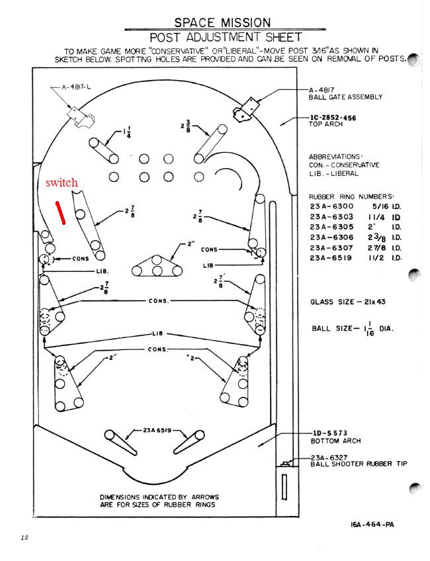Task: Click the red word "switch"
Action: (x=62, y=183)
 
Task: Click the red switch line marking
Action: (x=60, y=213)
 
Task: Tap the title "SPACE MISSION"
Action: (x=222, y=22)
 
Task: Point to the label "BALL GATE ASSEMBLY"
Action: (x=345, y=97)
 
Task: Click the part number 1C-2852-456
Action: (x=332, y=118)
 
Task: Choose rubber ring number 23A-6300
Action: (x=331, y=206)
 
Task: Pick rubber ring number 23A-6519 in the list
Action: (x=331, y=258)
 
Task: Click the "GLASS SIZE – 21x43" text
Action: (x=348, y=302)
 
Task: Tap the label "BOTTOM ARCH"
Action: (x=335, y=441)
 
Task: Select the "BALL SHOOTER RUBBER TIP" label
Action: (x=359, y=464)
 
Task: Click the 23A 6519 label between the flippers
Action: (x=157, y=430)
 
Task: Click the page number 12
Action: (x=24, y=537)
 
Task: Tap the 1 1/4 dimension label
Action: (x=127, y=133)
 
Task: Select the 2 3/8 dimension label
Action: (x=186, y=127)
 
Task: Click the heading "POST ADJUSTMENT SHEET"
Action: (x=226, y=37)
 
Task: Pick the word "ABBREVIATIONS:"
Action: (x=336, y=157)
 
